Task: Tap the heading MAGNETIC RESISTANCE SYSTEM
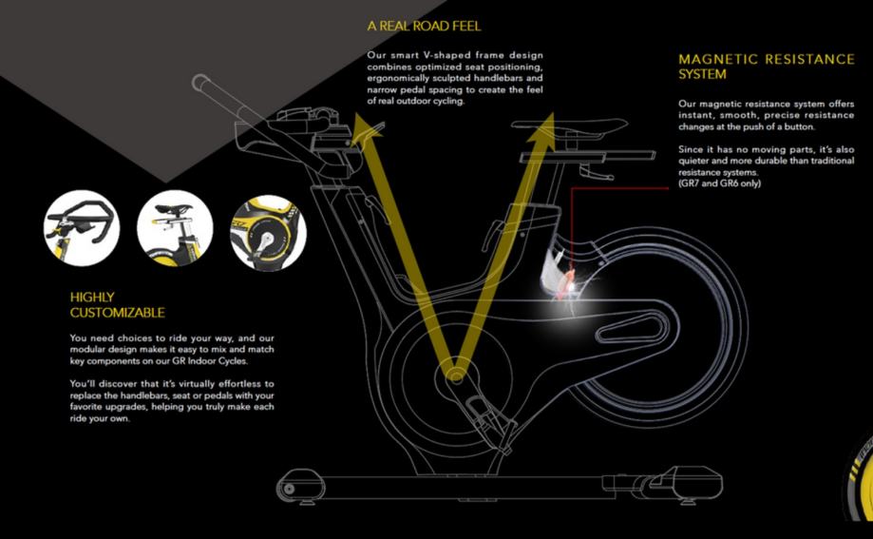[x=766, y=67]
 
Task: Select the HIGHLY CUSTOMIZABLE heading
[x=117, y=304]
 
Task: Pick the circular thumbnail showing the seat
[x=175, y=227]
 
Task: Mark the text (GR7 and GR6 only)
[x=719, y=183]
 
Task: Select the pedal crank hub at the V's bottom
[x=457, y=375]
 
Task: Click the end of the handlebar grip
[x=200, y=83]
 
